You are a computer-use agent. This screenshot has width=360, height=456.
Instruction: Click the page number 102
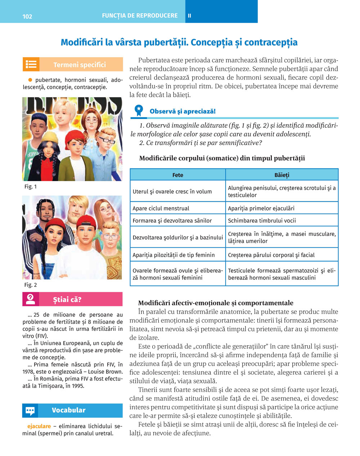pos(27,16)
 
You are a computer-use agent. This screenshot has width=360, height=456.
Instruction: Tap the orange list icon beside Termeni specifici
pos(31,64)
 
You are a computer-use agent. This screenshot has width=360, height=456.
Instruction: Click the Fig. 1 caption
pos(31,187)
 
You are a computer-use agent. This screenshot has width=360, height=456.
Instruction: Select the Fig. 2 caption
pos(31,285)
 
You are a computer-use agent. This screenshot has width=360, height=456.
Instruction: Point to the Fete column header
pos(177,175)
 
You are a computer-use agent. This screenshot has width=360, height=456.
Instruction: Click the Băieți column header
pos(282,175)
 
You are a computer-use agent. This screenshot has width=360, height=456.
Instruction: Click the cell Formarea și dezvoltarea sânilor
pos(172,220)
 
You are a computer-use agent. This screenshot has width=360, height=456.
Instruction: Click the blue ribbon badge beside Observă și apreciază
pos(138,110)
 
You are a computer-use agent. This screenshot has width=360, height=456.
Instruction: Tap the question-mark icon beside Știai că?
pos(31,299)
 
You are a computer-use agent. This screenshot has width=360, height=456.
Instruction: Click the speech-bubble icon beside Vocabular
pos(31,410)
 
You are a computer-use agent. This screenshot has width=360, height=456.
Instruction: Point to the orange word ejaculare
pos(39,426)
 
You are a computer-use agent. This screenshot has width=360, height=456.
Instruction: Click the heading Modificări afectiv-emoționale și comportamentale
pos(216,303)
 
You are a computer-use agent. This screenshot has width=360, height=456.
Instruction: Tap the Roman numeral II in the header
pos(189,16)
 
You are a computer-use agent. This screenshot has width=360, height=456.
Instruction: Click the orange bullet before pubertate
pos(30,80)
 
